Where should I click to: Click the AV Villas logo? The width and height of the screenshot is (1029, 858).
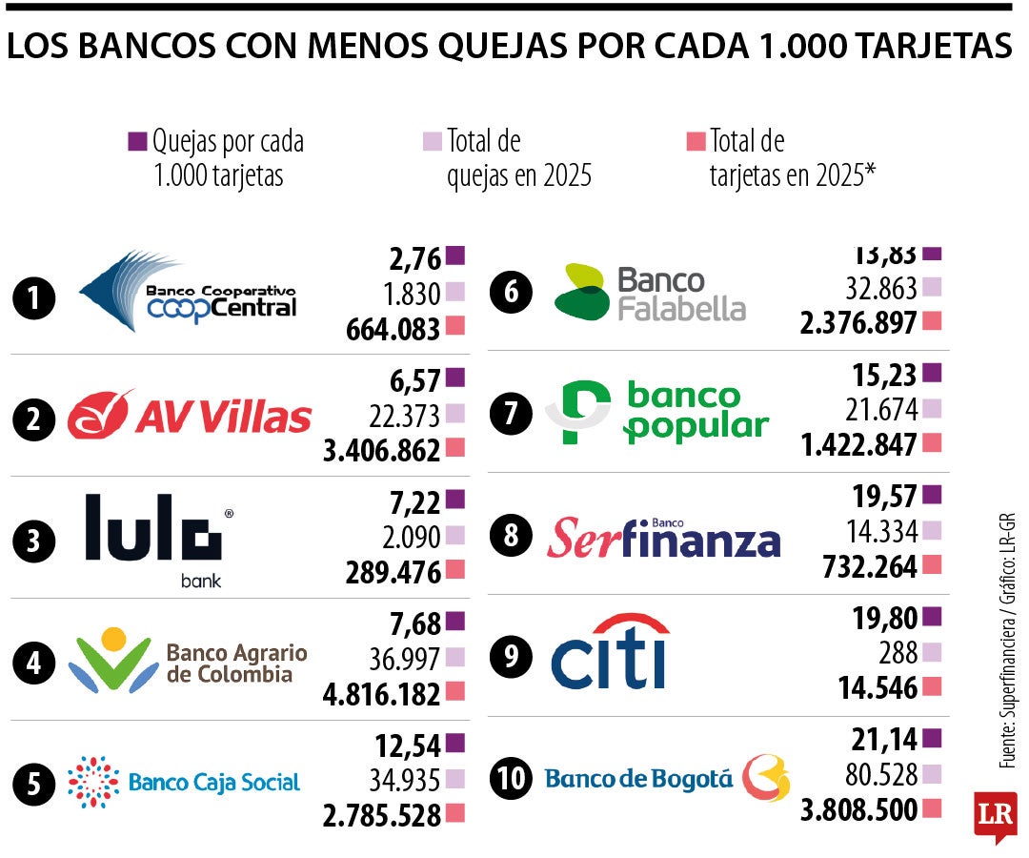tap(190, 416)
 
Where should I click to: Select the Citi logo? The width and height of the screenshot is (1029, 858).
tap(611, 653)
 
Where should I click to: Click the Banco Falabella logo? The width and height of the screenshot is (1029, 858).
tap(651, 292)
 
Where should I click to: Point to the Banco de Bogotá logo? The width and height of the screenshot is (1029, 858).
tap(667, 778)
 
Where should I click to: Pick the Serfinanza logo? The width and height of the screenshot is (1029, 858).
tap(663, 538)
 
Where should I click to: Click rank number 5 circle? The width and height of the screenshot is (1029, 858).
tap(34, 784)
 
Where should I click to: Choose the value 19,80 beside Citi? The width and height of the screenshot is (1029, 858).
tap(883, 618)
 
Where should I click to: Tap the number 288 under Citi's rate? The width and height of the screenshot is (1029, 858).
tap(899, 653)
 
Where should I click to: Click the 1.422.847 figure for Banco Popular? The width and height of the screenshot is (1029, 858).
tap(858, 444)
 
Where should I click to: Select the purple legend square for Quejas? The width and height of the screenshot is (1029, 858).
tap(137, 142)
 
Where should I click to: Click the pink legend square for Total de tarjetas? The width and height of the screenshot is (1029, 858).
tap(696, 142)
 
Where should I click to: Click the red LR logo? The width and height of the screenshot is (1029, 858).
tap(995, 816)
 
